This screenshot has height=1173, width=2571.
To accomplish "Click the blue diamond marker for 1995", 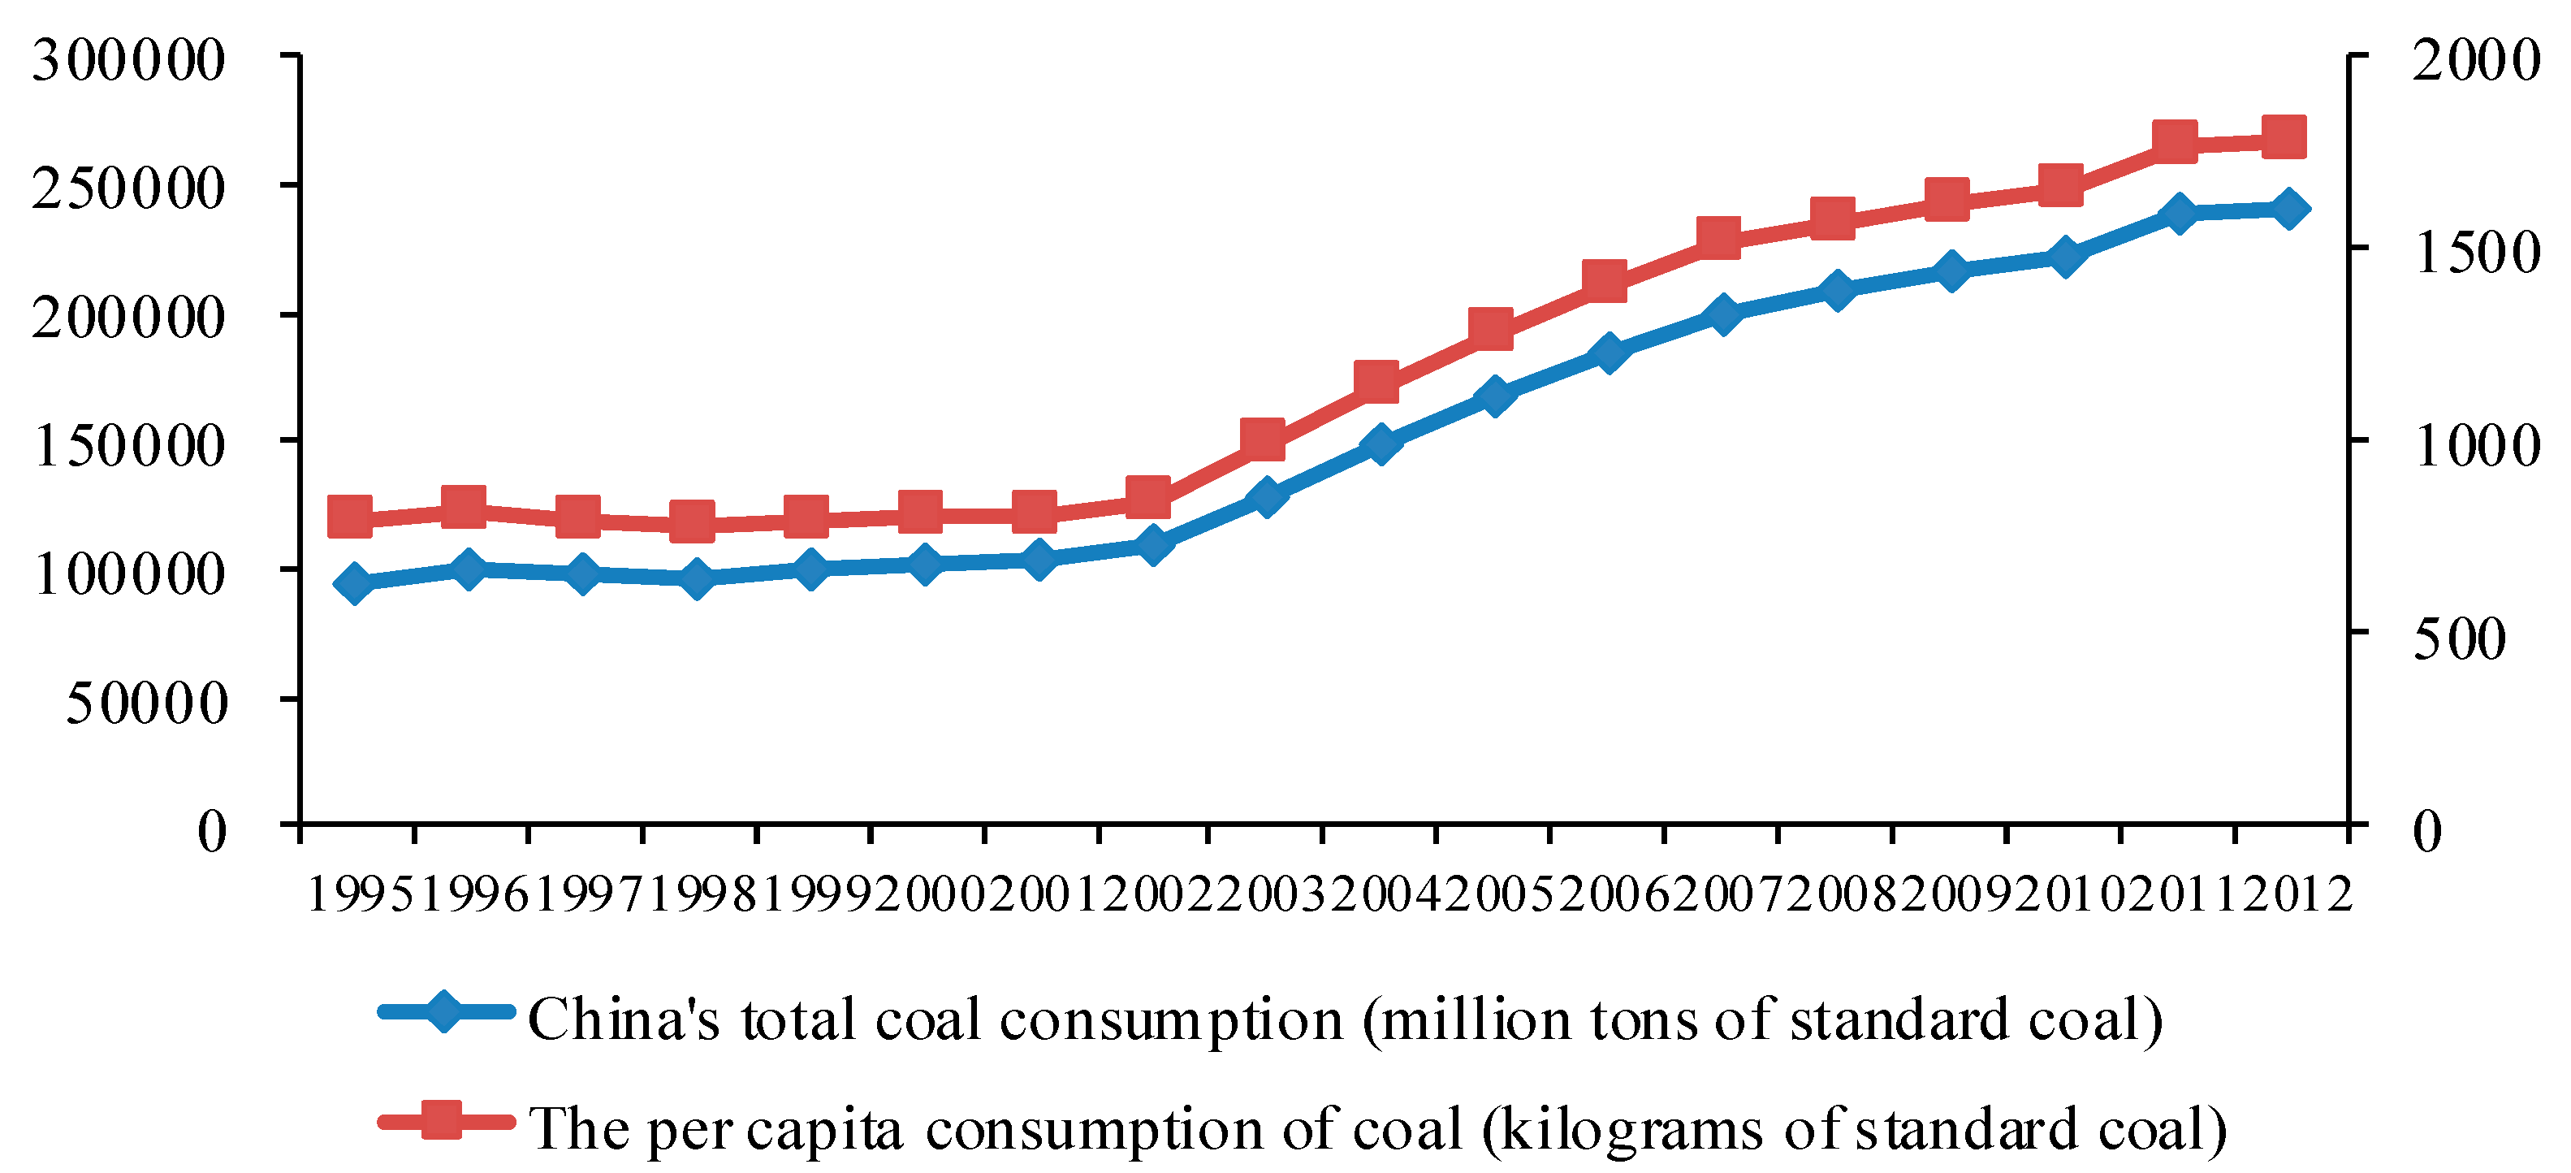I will [354, 583].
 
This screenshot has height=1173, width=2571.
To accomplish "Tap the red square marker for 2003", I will [1263, 439].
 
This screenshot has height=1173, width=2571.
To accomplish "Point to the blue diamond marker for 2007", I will [1722, 314].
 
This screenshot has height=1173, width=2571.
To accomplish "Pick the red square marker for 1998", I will [692, 522].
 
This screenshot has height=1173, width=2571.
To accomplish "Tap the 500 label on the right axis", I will [2459, 638].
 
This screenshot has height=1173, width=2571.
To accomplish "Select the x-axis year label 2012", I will [2295, 894].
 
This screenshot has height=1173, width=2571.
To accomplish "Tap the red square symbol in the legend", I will [442, 1120].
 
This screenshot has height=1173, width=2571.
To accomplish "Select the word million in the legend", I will [1478, 1020].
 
